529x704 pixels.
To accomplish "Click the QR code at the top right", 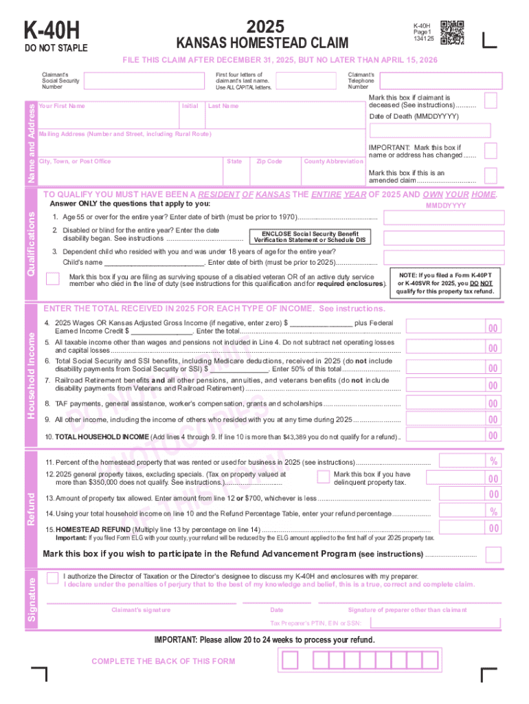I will coord(451,32).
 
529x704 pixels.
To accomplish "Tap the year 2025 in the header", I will coord(265,27).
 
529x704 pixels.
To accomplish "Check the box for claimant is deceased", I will coord(491,101).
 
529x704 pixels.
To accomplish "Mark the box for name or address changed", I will coord(491,151).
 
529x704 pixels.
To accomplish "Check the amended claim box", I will coord(491,177).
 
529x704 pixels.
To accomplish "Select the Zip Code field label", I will coord(269,162).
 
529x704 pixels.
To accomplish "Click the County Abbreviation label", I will coord(334,162).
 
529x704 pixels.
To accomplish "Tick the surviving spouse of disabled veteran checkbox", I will coord(52,278).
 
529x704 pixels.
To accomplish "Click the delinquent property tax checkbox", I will coord(323,476).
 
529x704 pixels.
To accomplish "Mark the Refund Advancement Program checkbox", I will coord(493,554).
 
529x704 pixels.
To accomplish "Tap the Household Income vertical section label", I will coord(31,375).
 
